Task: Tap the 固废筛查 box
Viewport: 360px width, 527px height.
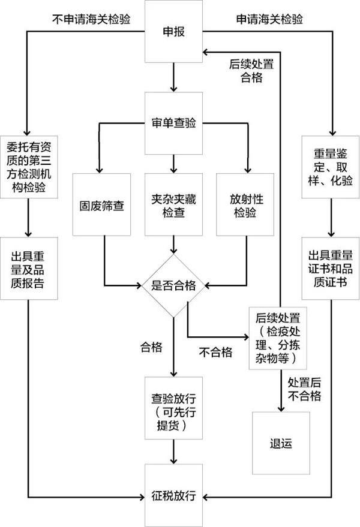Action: (102, 203)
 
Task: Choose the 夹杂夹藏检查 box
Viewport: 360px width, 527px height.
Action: (173, 203)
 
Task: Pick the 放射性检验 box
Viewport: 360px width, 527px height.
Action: (245, 203)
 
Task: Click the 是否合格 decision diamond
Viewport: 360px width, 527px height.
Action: (173, 285)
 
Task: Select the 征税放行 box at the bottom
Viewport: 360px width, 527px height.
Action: (173, 496)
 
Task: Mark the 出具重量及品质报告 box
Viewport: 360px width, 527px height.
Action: (29, 267)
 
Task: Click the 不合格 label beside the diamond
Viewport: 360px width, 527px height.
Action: (215, 353)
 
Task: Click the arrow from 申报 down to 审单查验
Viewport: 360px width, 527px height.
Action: (173, 77)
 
